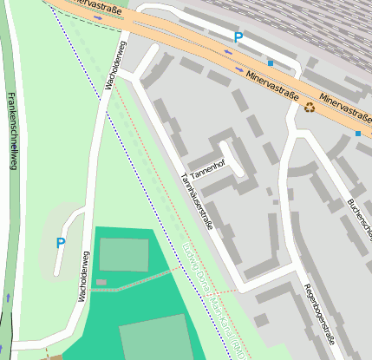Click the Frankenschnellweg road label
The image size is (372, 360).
pos(11,130)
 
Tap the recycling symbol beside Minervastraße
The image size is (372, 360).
pos(310,108)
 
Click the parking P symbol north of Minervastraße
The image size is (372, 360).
pos(238,37)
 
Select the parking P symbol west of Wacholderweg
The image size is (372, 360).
pos(60,244)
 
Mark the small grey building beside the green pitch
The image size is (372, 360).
pos(101,282)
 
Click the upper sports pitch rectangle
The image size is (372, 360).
pos(124,254)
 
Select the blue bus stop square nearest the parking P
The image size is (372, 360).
pos(271,63)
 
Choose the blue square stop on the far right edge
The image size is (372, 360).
pos(357,134)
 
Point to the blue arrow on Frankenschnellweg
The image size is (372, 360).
pos(8,297)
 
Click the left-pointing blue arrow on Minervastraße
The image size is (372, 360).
pos(229,53)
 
